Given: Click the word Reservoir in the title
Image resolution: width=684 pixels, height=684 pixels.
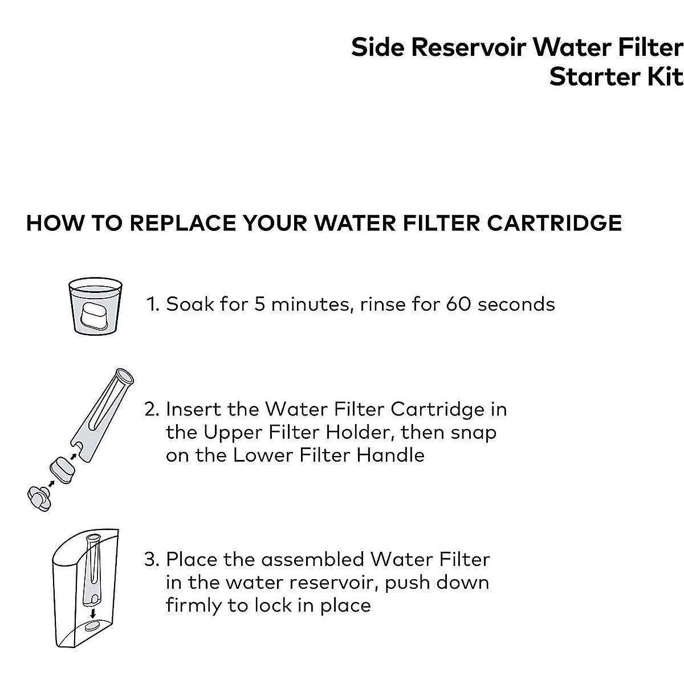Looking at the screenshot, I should pos(468,48).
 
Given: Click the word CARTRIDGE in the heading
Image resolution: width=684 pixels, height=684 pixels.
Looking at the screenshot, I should pos(554,223).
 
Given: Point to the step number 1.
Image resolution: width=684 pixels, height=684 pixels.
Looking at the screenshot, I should pos(152,304).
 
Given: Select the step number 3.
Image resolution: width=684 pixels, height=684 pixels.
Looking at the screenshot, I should pos(150,559).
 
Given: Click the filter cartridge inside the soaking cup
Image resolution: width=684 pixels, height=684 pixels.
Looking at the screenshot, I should pos(95,313).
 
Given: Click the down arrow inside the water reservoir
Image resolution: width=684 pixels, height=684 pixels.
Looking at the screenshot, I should pos(92,614).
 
